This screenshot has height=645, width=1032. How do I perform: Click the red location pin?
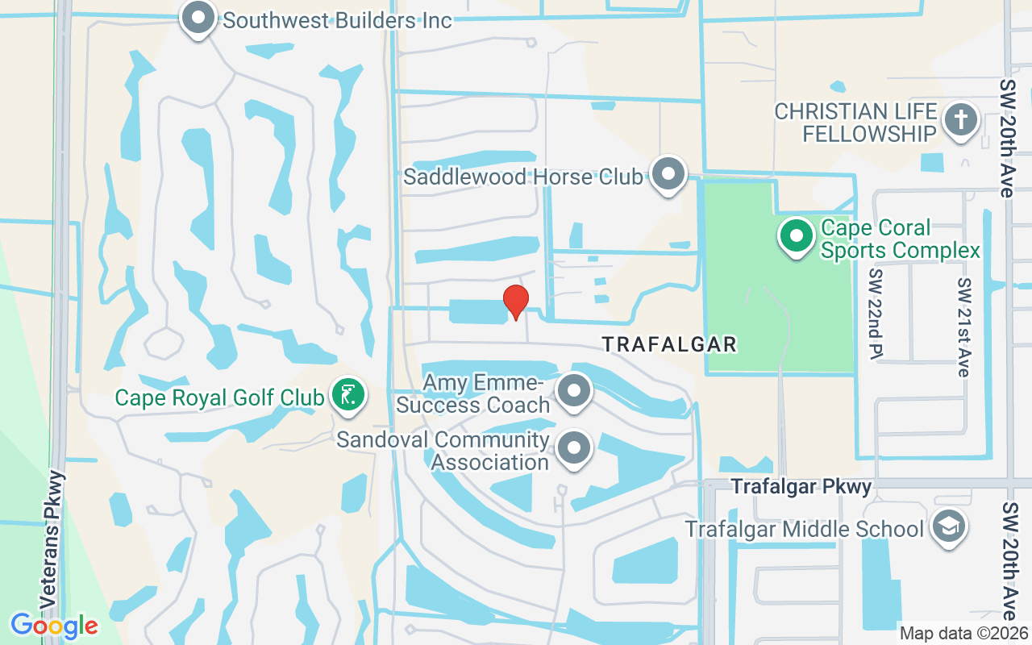point(516,302)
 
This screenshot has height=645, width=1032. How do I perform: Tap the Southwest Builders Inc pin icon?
point(198,18)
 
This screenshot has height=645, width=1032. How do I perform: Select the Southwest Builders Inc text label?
point(338,20)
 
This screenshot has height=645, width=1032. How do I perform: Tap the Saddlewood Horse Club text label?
point(523,177)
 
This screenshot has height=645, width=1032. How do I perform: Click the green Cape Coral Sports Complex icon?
point(797,237)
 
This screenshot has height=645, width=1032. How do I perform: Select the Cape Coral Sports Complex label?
point(901,239)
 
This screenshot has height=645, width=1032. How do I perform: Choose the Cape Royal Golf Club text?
point(219,397)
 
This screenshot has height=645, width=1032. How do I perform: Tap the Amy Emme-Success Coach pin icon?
point(574,391)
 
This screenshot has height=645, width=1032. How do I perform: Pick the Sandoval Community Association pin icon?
point(574,447)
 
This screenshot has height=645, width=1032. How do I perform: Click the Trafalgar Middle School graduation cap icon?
point(947,526)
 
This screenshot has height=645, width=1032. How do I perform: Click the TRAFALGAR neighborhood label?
point(669,345)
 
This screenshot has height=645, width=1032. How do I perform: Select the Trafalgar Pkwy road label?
point(801,487)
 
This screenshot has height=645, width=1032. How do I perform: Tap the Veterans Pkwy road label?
point(51,540)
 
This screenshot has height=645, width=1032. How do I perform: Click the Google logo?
point(54,626)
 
